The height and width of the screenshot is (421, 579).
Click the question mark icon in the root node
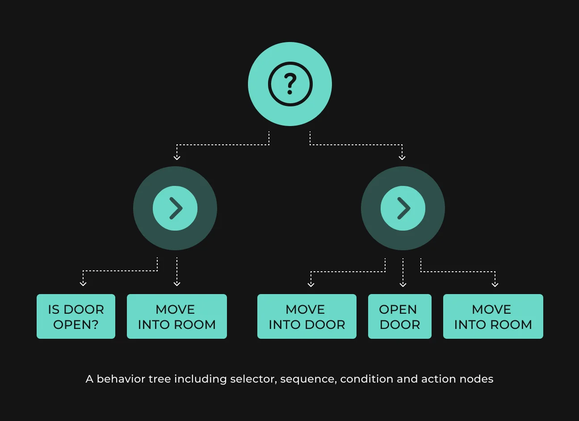point(290,84)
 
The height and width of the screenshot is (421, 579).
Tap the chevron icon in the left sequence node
point(176,208)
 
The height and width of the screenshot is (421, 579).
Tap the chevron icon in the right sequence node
point(404,208)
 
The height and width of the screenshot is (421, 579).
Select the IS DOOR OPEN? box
point(76,316)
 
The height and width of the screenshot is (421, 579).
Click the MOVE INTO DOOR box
point(307,316)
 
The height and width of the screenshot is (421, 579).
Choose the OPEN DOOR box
point(400,316)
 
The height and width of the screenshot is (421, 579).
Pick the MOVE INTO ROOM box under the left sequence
point(177,316)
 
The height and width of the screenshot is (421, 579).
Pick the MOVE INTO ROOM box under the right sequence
point(493,316)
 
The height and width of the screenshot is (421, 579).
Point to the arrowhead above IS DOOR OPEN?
point(83,284)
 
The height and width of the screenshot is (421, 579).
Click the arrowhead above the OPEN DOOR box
point(403,285)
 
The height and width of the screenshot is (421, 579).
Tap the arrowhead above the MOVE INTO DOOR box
point(311,285)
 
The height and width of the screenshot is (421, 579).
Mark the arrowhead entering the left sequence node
point(177,158)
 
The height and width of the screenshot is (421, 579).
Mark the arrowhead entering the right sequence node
point(402,158)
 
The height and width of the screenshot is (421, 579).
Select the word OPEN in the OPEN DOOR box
point(398,310)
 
